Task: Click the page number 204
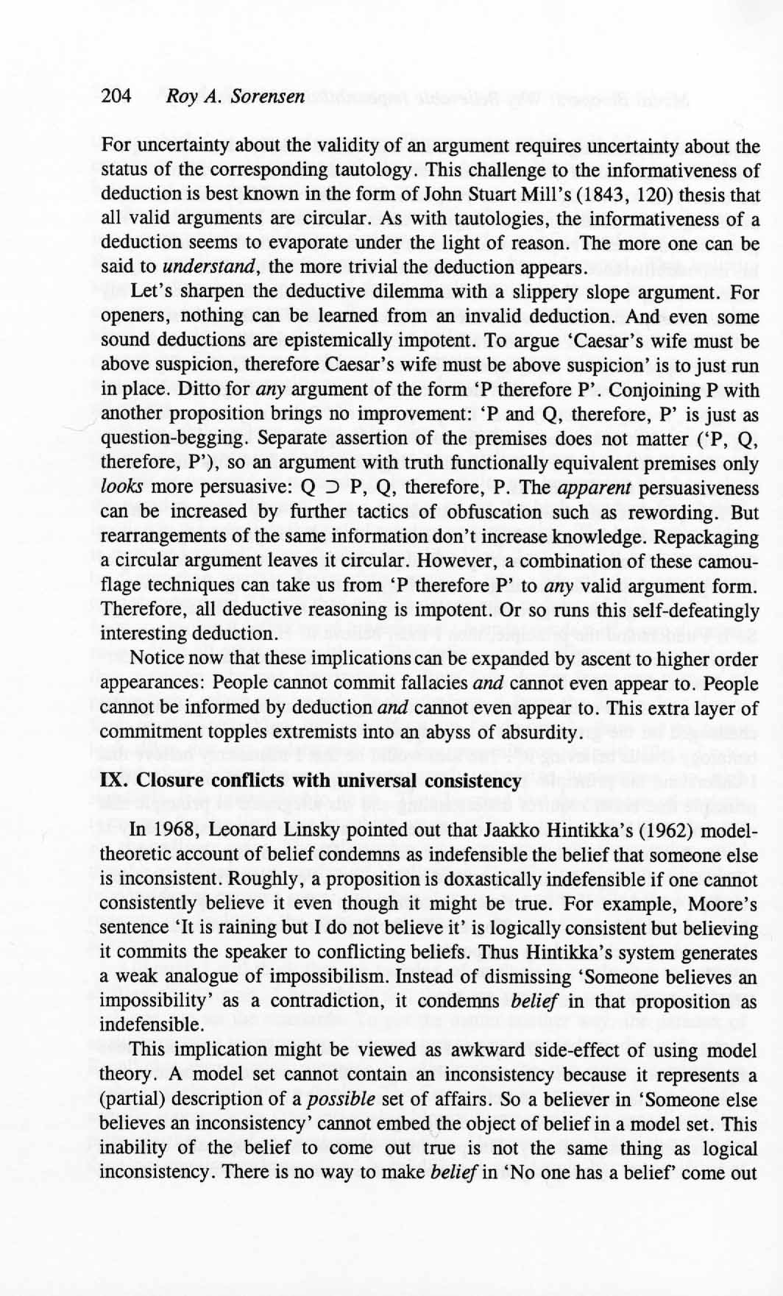click(116, 96)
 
